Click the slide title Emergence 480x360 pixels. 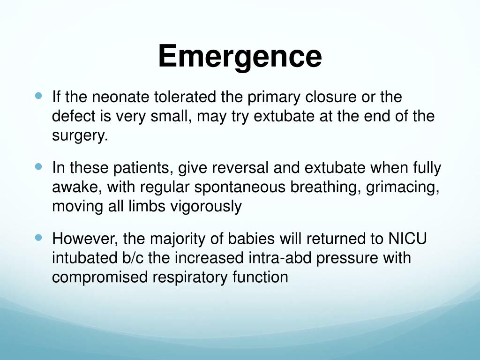point(240,56)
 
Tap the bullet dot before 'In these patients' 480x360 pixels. point(39,166)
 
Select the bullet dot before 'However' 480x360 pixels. point(39,237)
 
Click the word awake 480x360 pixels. point(77,187)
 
